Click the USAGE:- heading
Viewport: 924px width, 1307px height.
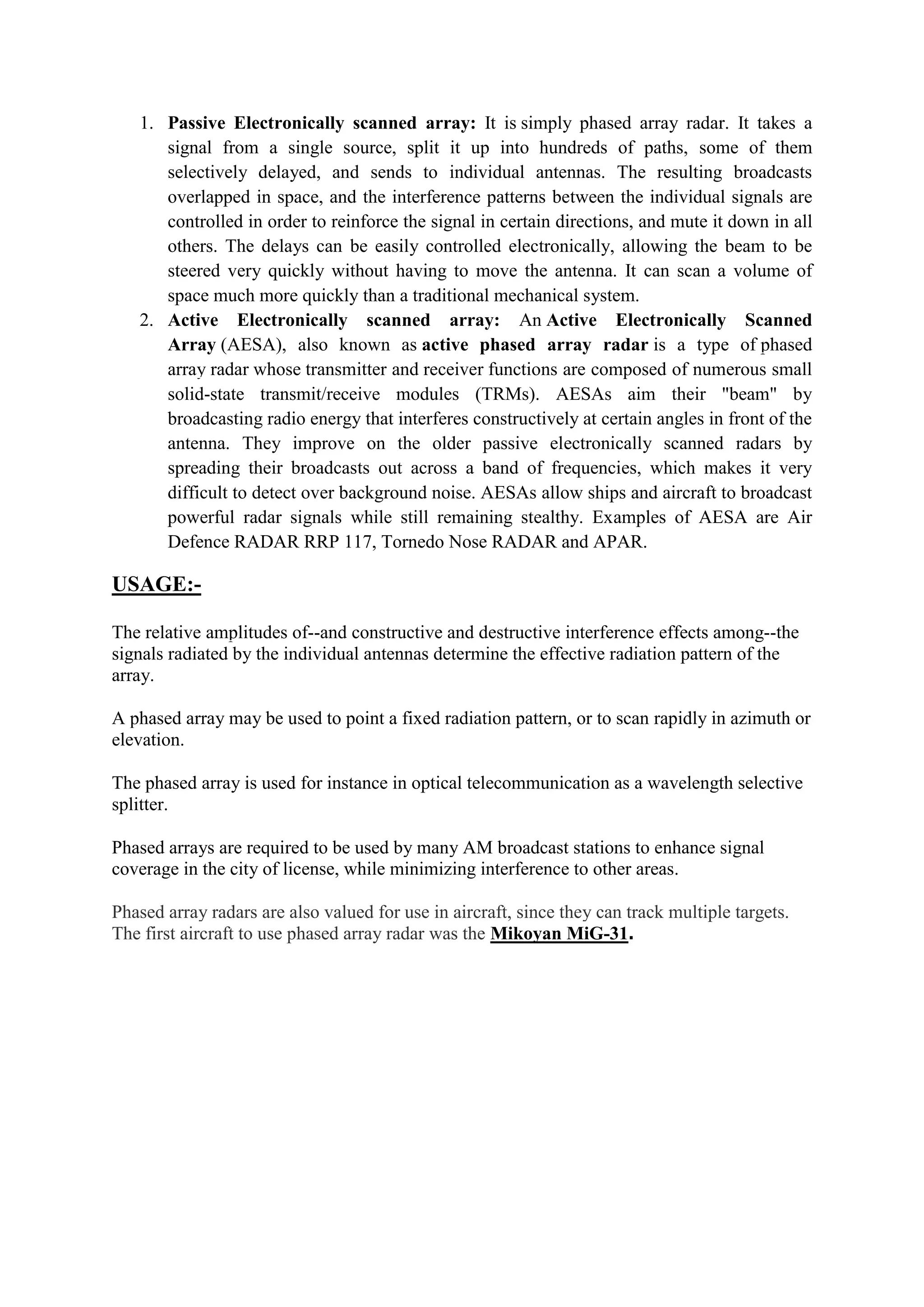(157, 584)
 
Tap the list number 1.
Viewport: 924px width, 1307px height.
(146, 124)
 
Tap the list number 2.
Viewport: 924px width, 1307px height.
(146, 320)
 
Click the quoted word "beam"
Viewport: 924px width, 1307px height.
(749, 394)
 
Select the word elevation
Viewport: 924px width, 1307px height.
(148, 740)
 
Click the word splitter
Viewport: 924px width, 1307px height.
(139, 805)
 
